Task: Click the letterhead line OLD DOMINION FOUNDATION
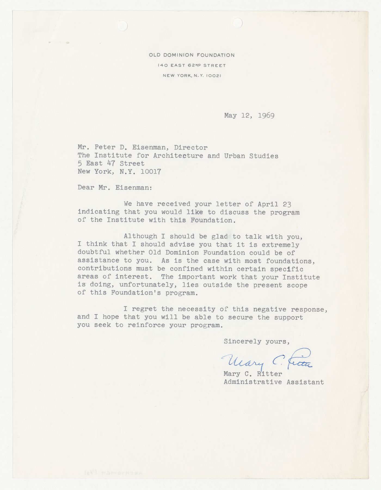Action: click(192, 55)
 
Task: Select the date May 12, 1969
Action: click(249, 115)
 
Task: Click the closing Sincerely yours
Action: click(256, 341)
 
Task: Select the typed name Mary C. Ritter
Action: click(253, 374)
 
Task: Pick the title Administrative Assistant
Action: click(274, 382)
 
